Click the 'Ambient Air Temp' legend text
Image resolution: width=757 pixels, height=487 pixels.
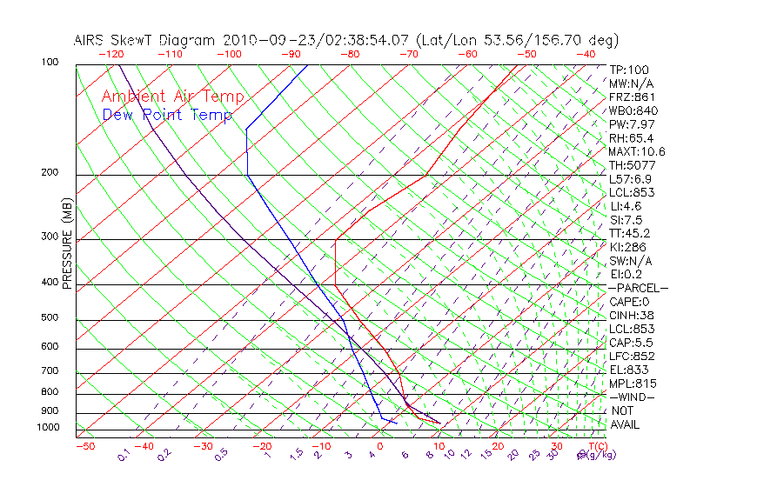(x=172, y=97)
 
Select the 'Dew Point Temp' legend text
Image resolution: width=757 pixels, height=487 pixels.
(x=167, y=115)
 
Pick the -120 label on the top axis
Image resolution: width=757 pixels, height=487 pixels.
(x=111, y=54)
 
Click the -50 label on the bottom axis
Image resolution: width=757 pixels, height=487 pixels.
(x=84, y=446)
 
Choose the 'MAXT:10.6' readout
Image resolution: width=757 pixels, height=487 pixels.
(x=636, y=151)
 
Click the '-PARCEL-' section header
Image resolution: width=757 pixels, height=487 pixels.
(x=638, y=288)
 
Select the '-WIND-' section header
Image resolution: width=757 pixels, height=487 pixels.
(x=632, y=397)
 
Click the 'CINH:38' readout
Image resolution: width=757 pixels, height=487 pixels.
(x=632, y=315)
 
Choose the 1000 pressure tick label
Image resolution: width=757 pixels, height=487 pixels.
(x=48, y=427)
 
